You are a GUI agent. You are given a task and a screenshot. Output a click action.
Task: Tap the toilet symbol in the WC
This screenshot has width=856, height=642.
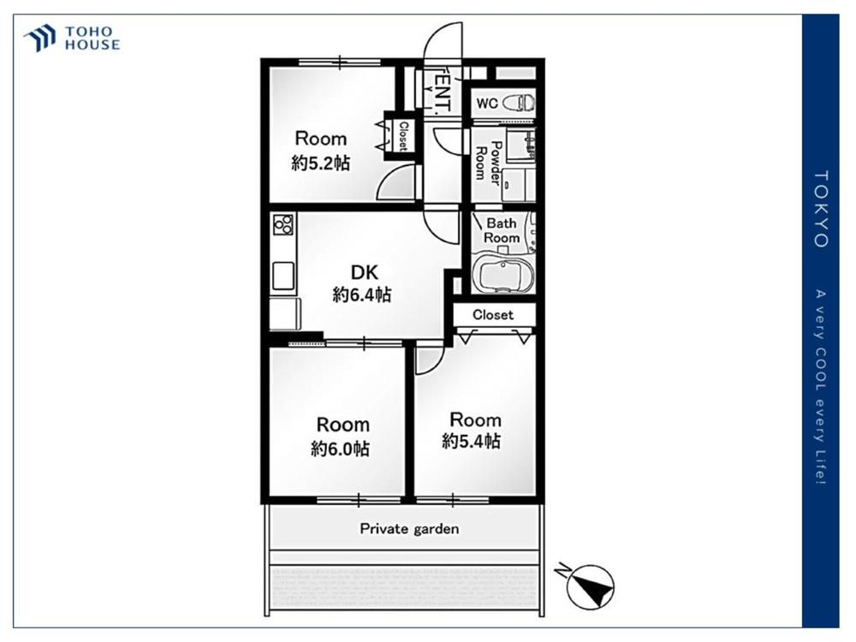coord(519,103)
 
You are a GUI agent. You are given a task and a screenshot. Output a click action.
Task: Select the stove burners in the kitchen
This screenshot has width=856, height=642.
coord(283,224)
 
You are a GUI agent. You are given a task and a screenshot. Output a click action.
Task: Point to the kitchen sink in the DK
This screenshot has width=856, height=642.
coord(283,276)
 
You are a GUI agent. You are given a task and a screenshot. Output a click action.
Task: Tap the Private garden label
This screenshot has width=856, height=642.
coord(409,528)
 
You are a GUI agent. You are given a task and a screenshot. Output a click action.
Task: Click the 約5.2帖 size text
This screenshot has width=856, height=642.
coord(320,163)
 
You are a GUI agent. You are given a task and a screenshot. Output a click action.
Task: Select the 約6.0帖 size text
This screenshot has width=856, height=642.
coord(340,449)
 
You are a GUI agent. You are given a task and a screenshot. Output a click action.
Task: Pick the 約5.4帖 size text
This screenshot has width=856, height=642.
coord(471,441)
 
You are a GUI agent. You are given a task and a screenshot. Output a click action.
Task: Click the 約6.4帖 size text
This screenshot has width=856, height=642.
coord(362,294)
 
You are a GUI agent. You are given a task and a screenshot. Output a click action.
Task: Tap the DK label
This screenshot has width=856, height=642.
coord(364,272)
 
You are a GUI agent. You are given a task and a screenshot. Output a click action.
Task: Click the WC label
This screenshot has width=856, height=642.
coord(487,104)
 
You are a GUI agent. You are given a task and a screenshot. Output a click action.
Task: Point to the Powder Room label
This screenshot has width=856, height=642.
coord(489,163)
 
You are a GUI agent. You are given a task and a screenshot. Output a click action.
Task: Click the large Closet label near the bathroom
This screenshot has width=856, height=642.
coord(493,314)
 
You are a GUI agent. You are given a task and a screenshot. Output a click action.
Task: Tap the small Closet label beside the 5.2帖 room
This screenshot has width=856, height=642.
coord(403,136)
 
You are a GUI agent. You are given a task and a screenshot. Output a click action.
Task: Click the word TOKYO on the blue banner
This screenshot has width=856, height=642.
coord(821,209)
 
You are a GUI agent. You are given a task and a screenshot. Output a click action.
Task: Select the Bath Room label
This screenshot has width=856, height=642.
coord(501,230)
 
